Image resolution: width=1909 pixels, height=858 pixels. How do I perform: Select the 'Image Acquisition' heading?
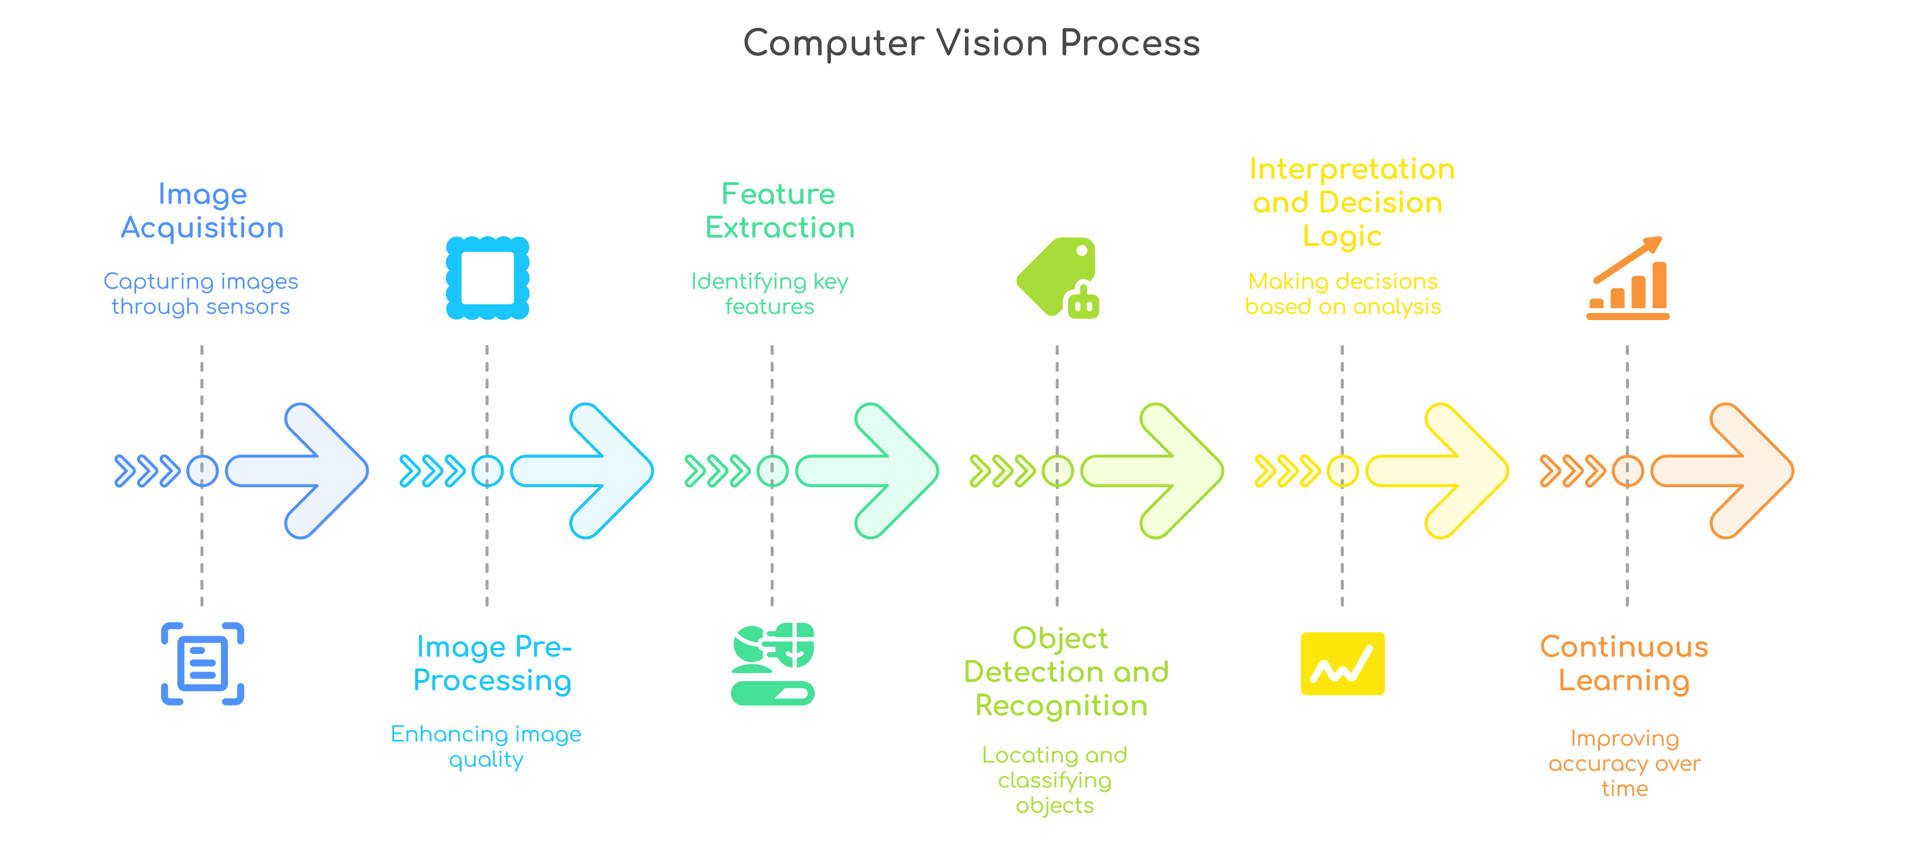(x=202, y=211)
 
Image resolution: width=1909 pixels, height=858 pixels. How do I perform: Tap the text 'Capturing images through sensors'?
(x=201, y=294)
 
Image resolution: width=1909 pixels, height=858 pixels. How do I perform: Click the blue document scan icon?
(x=202, y=663)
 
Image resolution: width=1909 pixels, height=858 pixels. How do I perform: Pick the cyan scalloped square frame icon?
(x=487, y=279)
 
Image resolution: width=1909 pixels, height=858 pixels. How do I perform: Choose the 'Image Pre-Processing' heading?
(x=493, y=664)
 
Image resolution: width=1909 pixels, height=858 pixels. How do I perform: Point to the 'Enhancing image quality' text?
(x=486, y=747)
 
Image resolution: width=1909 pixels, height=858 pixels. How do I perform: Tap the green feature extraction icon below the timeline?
(x=772, y=663)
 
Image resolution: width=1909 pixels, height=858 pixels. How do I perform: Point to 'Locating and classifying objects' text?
(x=1055, y=780)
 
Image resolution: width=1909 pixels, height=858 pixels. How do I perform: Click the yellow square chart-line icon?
(x=1342, y=664)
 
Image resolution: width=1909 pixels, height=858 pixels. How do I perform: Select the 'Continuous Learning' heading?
(x=1624, y=664)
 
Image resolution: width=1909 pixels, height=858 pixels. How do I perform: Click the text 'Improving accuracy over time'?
(x=1624, y=763)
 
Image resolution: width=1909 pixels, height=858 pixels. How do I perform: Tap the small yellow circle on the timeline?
(x=1342, y=470)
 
